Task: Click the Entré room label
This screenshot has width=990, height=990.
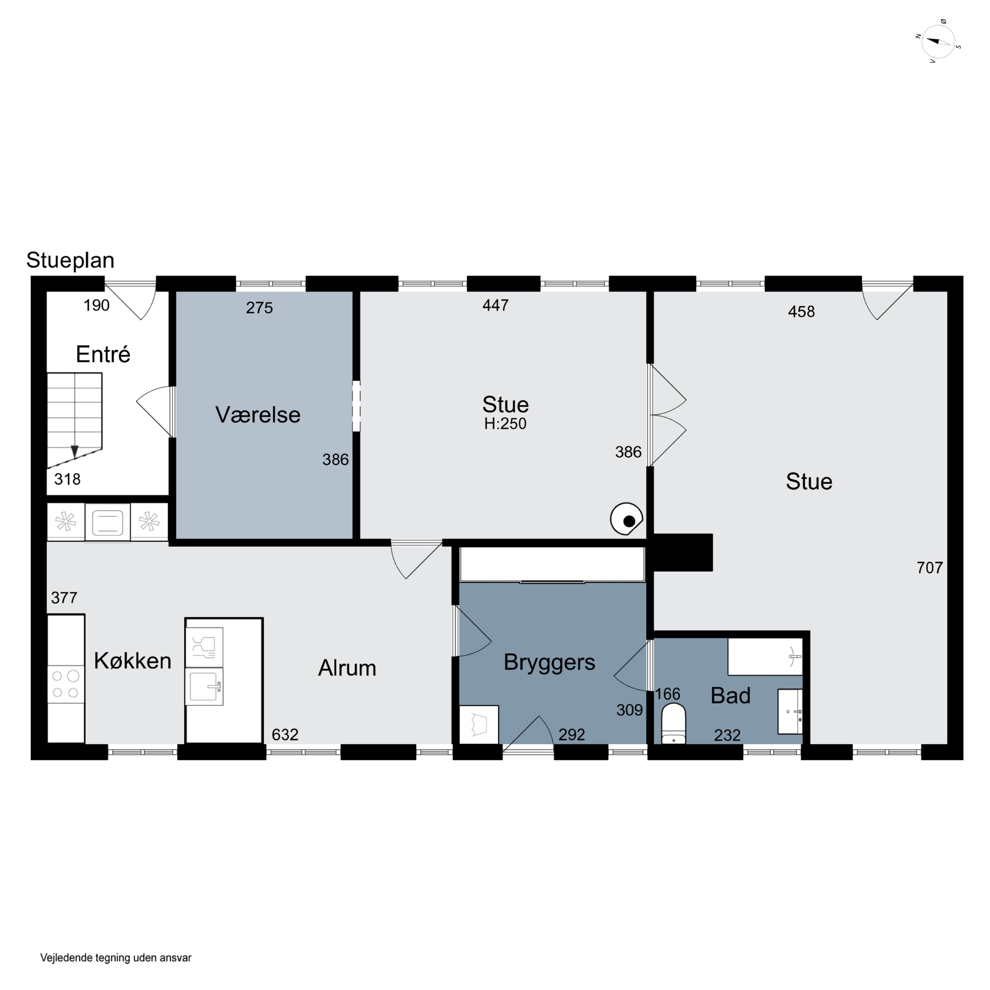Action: (x=103, y=354)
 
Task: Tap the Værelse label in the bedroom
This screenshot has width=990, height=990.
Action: (x=258, y=414)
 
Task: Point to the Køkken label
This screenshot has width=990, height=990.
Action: (x=133, y=661)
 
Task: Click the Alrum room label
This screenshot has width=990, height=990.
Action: (x=347, y=668)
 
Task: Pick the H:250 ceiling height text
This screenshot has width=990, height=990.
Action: (x=505, y=424)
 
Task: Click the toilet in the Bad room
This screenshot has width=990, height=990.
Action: (x=673, y=723)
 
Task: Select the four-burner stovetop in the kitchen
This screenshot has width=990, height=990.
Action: (x=66, y=684)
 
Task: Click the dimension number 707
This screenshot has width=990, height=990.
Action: (x=930, y=568)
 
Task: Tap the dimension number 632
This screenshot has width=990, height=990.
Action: (x=285, y=735)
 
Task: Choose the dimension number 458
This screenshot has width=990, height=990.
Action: (x=802, y=312)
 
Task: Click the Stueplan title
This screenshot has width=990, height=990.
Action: (x=70, y=260)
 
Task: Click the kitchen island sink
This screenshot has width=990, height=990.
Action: (x=204, y=686)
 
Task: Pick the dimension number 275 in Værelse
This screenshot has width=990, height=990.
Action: (x=259, y=308)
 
